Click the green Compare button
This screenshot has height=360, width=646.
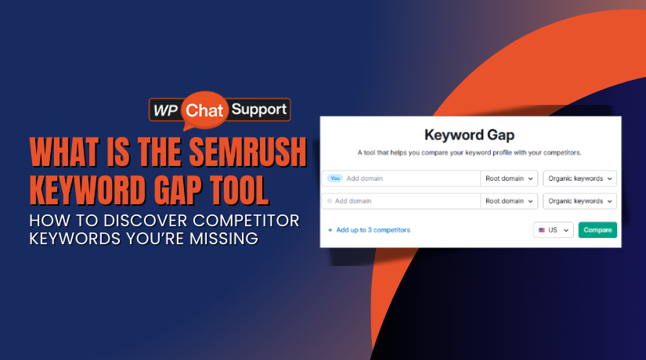pyautogui.click(x=597, y=230)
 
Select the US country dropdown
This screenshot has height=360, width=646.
pyautogui.click(x=553, y=230)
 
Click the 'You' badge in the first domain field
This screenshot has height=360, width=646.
pyautogui.click(x=335, y=178)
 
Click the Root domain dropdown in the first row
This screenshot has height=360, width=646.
pyautogui.click(x=509, y=178)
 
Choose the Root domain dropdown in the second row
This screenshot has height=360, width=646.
pyautogui.click(x=509, y=201)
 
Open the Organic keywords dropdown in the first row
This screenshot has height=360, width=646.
pyautogui.click(x=579, y=178)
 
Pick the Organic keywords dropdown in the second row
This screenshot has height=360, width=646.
pyautogui.click(x=579, y=201)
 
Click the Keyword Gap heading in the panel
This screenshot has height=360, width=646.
pyautogui.click(x=470, y=135)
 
